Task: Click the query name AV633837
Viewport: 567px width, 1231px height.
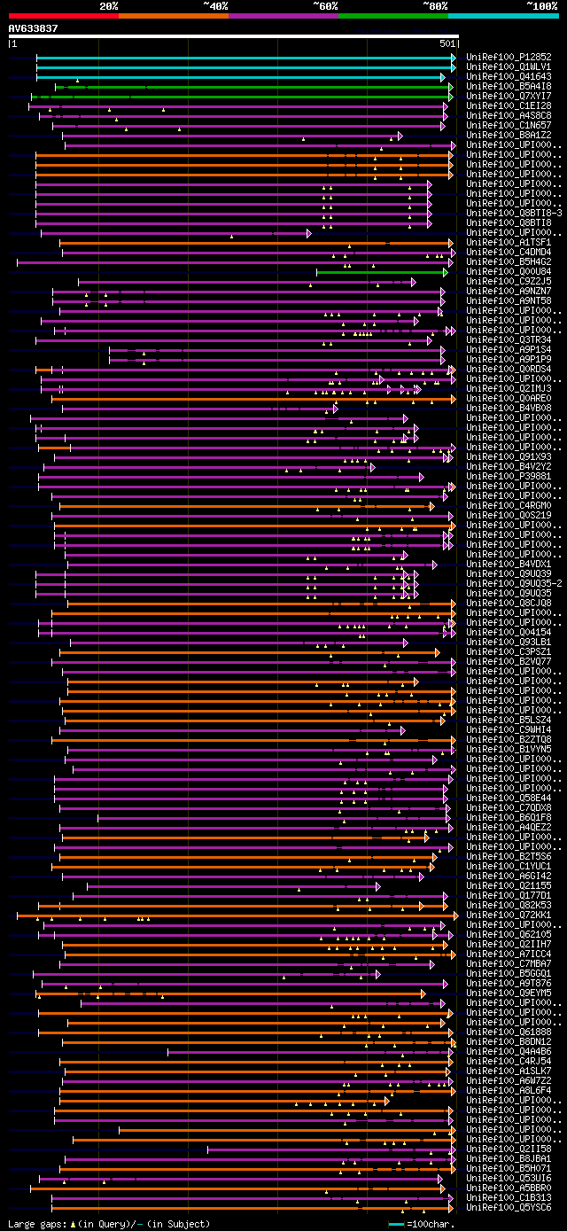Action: [x=33, y=28]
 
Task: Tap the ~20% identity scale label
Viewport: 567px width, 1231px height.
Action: [x=109, y=6]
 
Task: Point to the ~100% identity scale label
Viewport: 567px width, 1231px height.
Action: [x=541, y=6]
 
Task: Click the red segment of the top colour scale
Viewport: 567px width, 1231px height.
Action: [x=63, y=15]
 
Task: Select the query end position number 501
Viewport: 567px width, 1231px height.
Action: [x=447, y=43]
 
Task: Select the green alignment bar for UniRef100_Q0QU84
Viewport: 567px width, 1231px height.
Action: [x=382, y=272]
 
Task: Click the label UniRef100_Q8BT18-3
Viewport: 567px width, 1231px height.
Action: [x=514, y=213]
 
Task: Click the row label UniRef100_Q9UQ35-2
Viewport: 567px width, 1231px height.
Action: [x=514, y=583]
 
